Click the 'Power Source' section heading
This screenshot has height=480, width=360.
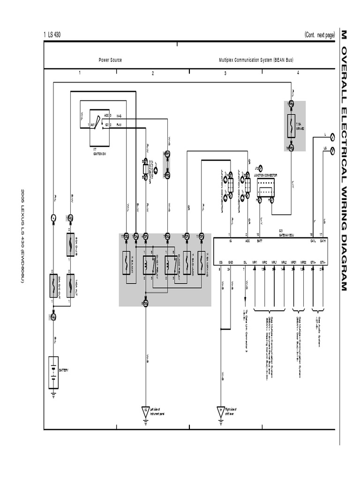(x=110, y=60)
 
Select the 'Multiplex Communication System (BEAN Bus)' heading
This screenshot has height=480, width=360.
(x=256, y=60)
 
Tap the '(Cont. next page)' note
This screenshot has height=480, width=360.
(x=320, y=35)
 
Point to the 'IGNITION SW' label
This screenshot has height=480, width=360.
(x=99, y=153)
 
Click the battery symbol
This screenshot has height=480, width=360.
(x=54, y=373)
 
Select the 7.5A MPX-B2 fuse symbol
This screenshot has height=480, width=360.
(x=291, y=125)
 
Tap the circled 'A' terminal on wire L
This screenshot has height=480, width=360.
(x=332, y=137)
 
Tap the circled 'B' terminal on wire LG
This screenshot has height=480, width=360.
(x=332, y=150)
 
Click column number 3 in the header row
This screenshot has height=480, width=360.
(x=225, y=73)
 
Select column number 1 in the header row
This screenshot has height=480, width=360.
(x=80, y=73)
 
